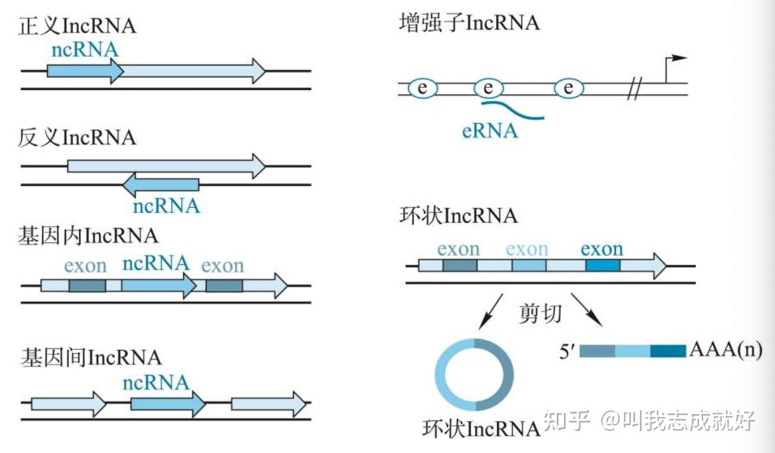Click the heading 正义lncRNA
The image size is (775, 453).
(77, 27)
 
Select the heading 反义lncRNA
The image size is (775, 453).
(77, 138)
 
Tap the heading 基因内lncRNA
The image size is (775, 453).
(88, 236)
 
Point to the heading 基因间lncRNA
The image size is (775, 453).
(91, 357)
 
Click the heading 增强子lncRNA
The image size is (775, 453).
(469, 24)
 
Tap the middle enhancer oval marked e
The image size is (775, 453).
(488, 88)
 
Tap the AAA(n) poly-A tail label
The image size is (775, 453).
(725, 351)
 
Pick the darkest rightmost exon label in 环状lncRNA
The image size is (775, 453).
(602, 250)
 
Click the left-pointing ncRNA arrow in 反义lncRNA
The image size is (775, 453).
(160, 185)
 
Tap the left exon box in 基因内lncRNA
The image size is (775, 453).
(87, 285)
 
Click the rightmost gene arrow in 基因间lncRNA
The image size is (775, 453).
(268, 404)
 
